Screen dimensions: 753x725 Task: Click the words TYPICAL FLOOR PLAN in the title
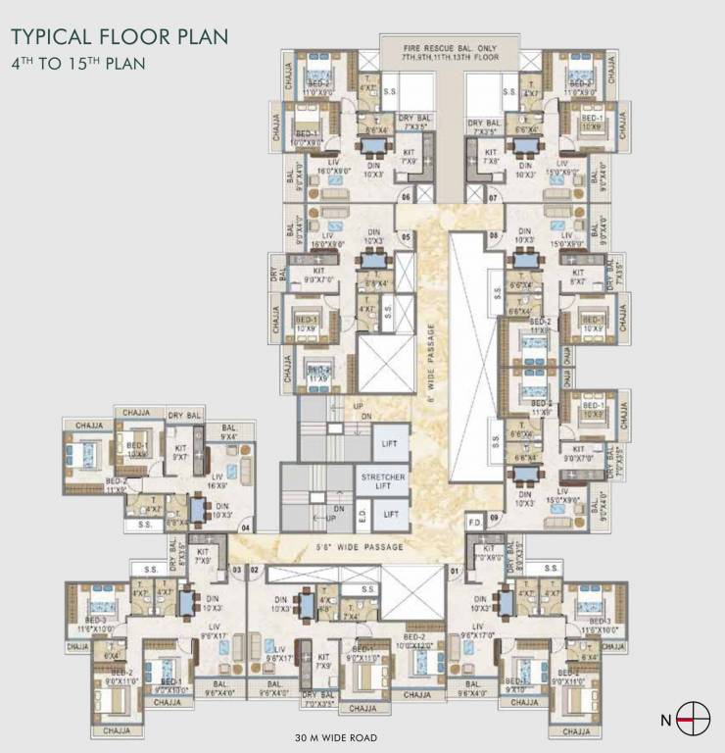pos(120,38)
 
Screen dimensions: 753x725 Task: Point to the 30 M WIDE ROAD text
pos(335,736)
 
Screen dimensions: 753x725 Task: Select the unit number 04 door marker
pos(247,526)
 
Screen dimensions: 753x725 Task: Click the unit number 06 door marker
pos(405,197)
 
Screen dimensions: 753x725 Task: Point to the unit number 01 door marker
pos(455,569)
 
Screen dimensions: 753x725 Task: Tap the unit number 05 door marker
pos(405,236)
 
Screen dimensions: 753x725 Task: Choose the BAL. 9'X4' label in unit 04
pos(228,432)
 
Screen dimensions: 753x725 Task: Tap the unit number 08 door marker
pos(495,236)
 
